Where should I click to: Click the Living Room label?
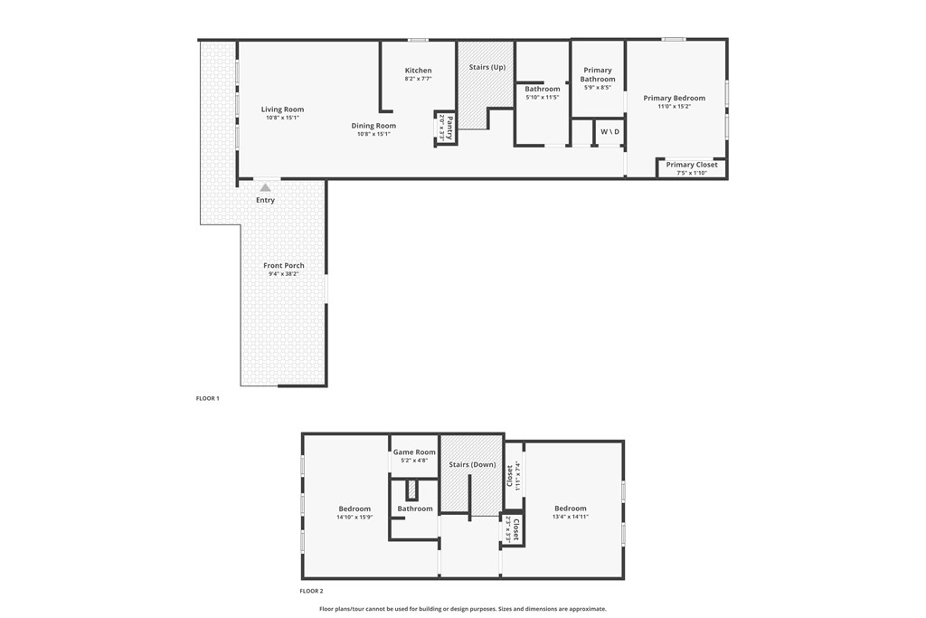[282, 109]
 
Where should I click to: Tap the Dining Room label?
[373, 126]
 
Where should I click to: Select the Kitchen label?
[418, 71]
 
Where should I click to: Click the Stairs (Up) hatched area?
[487, 90]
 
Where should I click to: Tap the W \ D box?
[610, 132]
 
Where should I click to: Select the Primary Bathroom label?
[598, 74]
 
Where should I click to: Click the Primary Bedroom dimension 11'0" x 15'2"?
[674, 107]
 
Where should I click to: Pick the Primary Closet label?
[692, 165]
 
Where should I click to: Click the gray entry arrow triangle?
[265, 187]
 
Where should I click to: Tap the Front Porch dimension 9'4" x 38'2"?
[283, 273]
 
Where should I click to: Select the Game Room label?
[414, 452]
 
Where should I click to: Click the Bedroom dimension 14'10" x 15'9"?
[354, 517]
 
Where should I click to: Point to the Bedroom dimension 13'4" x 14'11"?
[570, 517]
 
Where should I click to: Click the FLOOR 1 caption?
[207, 398]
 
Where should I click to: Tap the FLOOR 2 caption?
[311, 591]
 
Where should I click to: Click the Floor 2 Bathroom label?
[415, 509]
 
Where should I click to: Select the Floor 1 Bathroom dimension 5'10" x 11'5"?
[543, 97]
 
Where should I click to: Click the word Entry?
[265, 200]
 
